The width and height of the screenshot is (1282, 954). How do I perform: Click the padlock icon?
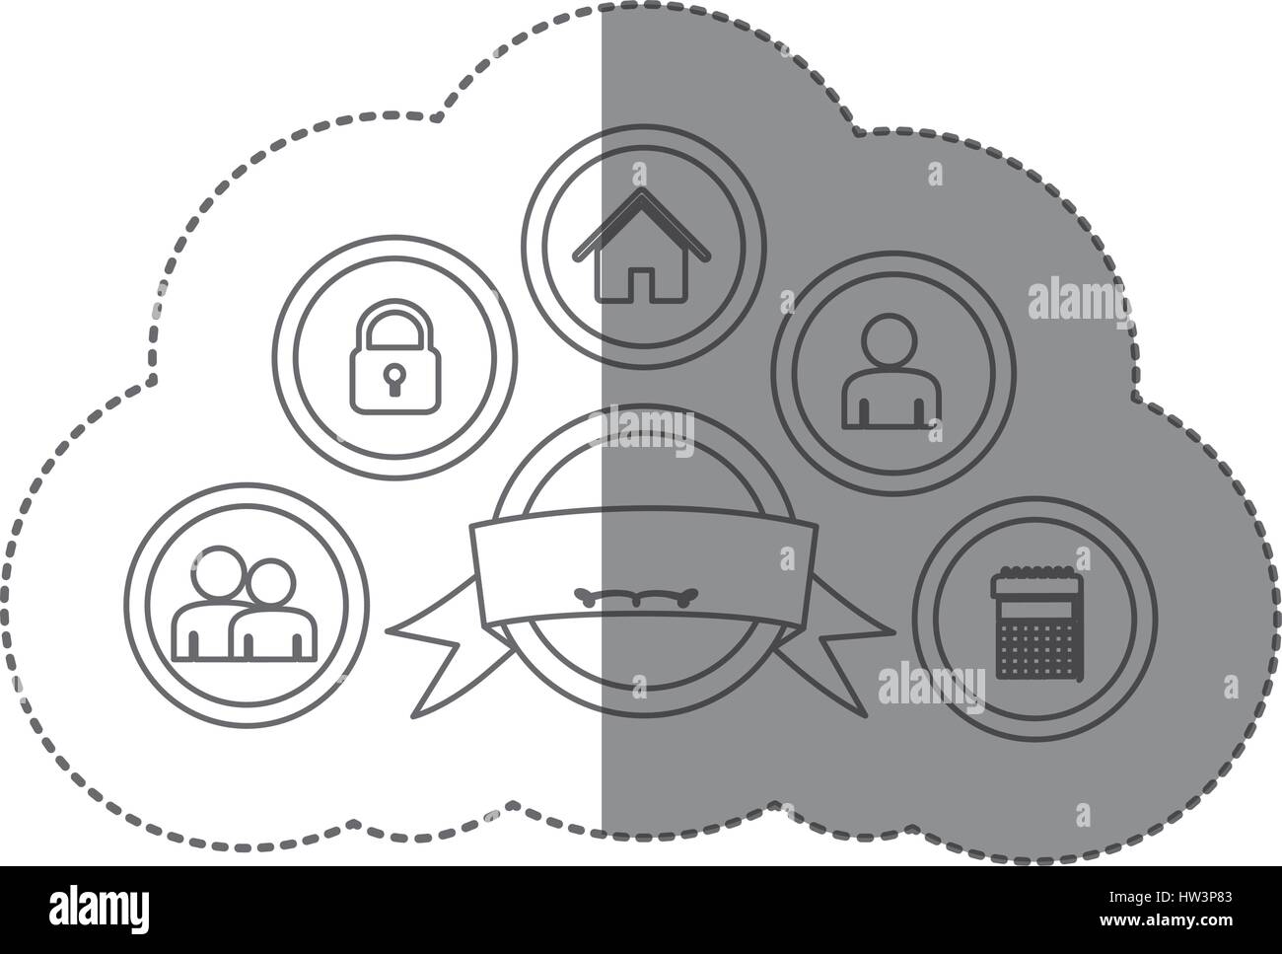pos(395,357)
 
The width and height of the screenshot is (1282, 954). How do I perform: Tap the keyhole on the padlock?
pos(394,379)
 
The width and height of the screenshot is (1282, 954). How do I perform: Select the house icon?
pos(642,245)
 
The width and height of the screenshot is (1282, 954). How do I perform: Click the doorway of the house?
pos(642,284)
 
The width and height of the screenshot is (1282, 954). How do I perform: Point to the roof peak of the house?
pos(642,189)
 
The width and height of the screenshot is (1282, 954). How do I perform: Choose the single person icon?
pos(890,371)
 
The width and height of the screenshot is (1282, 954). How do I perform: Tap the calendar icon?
pos(1036,624)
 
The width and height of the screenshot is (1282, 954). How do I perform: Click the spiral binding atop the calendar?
pos(1036,574)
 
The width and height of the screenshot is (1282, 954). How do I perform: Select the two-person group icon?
pos(245,604)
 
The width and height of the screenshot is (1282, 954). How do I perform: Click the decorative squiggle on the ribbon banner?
pos(636,596)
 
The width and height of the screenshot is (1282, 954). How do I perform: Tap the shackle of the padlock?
pos(395,324)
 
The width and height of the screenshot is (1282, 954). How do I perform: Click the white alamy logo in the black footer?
pos(99,909)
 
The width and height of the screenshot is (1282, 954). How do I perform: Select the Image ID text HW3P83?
pos(1171,898)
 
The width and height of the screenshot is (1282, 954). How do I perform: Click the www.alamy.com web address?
pos(1166,919)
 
